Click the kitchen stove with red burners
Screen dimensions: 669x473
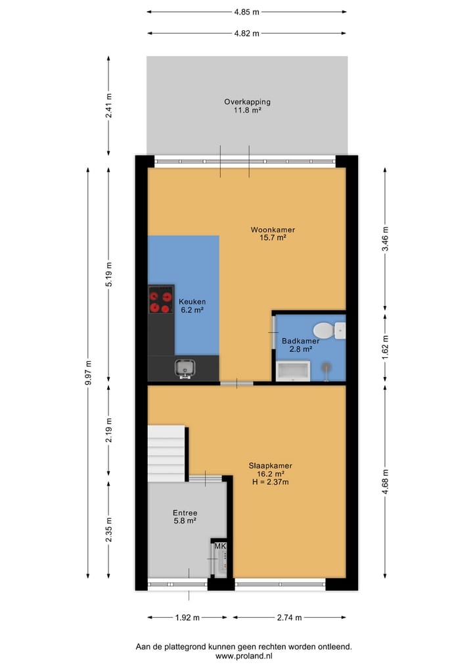[161, 299]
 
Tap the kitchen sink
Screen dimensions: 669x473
[185, 369]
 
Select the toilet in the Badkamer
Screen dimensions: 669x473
[324, 330]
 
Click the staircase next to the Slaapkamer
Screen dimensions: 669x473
[166, 453]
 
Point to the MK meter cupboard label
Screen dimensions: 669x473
[220, 547]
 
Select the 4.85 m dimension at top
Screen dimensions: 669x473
[246, 12]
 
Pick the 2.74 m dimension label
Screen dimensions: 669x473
[289, 618]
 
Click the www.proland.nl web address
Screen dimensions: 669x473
[244, 656]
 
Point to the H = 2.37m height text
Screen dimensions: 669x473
[270, 482]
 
